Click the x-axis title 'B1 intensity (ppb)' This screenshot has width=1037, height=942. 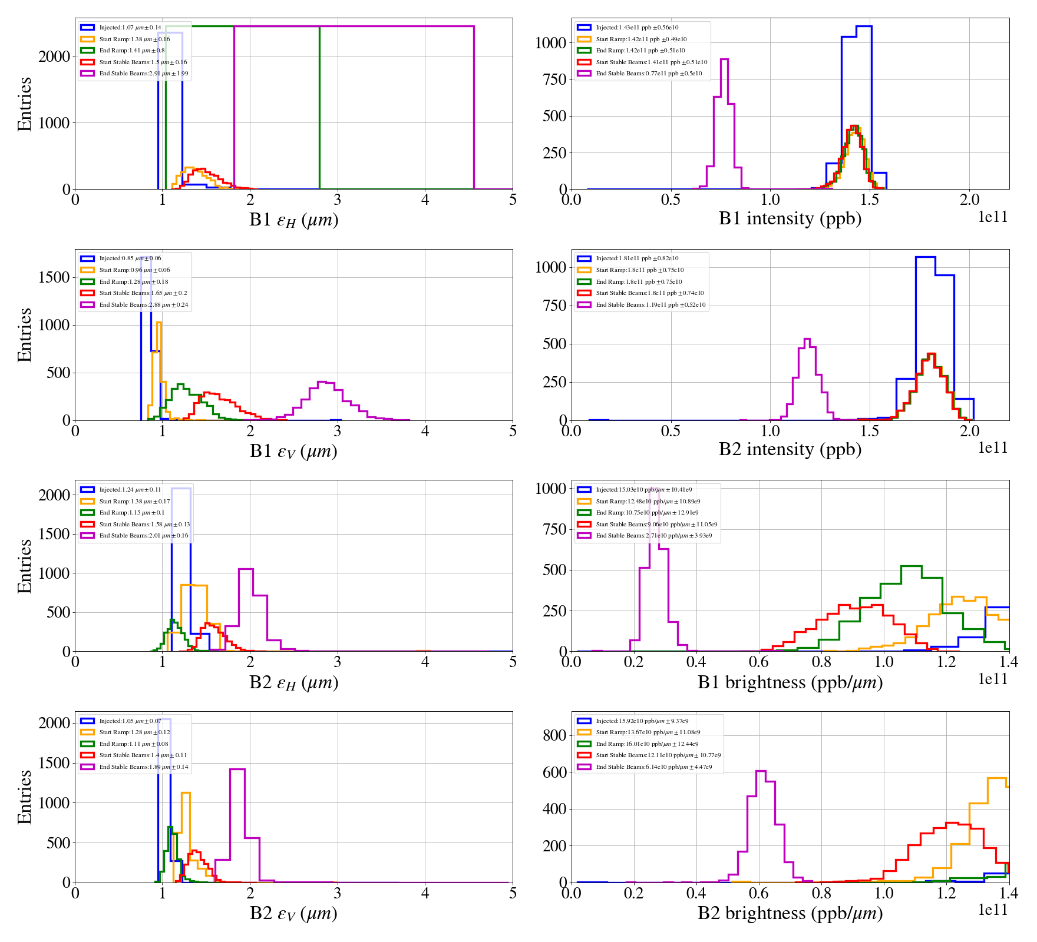pos(790,219)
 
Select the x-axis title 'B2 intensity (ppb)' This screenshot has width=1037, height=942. pos(790,450)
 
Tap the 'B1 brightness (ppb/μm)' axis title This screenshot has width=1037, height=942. pos(790,682)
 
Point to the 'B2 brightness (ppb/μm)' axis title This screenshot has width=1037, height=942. pos(790,913)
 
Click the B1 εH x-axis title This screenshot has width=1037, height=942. pos(293,220)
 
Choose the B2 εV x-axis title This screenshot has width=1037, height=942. pos(293,913)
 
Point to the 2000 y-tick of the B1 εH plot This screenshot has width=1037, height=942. pos(54,57)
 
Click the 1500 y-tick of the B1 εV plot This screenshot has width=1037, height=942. pos(54,277)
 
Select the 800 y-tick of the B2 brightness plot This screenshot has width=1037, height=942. pos(554,735)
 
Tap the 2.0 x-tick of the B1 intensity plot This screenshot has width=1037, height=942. pos(970,200)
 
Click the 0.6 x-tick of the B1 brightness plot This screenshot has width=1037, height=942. pos(759,662)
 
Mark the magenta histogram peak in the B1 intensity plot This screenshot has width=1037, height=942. pos(724,59)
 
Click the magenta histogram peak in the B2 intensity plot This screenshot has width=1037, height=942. pos(807,339)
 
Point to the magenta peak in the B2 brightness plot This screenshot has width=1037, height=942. pos(761,771)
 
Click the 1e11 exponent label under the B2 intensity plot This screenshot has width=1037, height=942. pos(993,448)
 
